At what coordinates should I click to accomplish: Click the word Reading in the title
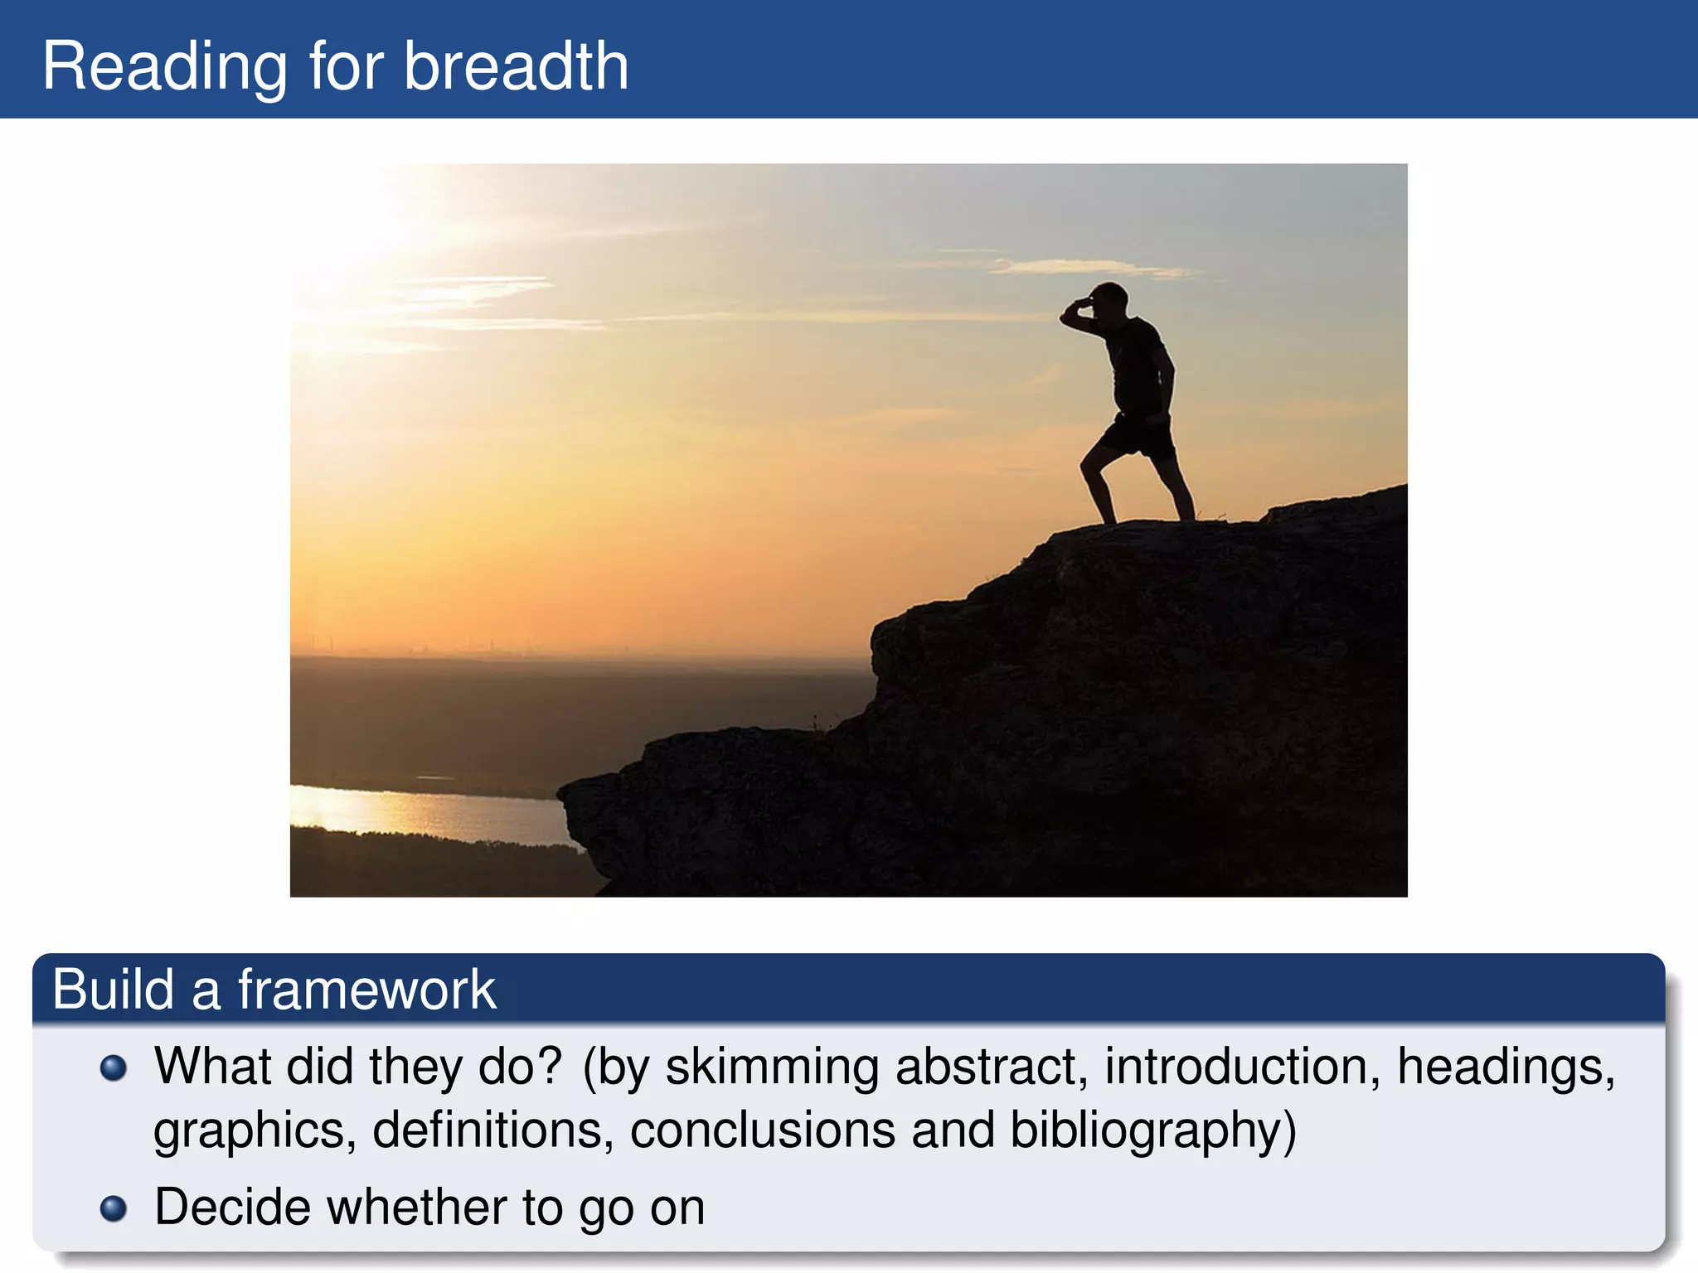click(164, 66)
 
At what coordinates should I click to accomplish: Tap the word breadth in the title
click(516, 66)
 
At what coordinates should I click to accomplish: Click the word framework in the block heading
click(366, 990)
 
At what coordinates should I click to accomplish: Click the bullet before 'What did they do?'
click(114, 1068)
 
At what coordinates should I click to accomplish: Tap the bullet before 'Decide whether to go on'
click(114, 1208)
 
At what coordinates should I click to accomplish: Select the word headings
click(1506, 1067)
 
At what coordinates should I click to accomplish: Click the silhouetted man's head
click(1111, 298)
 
